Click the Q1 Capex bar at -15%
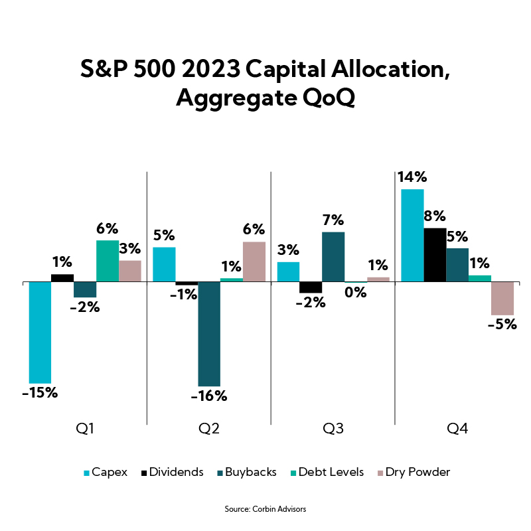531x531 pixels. pyautogui.click(x=40, y=332)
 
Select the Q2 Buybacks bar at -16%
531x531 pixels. pyautogui.click(x=209, y=334)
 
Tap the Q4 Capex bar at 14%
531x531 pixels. pyautogui.click(x=412, y=236)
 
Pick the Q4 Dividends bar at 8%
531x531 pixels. pyautogui.click(x=435, y=255)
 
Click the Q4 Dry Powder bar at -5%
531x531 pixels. pyautogui.click(x=502, y=298)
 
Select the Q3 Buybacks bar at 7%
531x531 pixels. pyautogui.click(x=333, y=257)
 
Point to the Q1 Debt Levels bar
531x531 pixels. pyautogui.click(x=108, y=261)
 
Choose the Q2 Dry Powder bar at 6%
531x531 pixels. pyautogui.click(x=254, y=262)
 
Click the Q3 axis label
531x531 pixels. pyautogui.click(x=333, y=429)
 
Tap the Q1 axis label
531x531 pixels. pyautogui.click(x=85, y=429)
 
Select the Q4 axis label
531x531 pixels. pyautogui.click(x=457, y=429)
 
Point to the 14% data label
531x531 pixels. pyautogui.click(x=412, y=177)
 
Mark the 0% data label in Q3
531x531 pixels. pyautogui.click(x=356, y=291)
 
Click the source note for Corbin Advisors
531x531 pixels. pyautogui.click(x=265, y=509)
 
